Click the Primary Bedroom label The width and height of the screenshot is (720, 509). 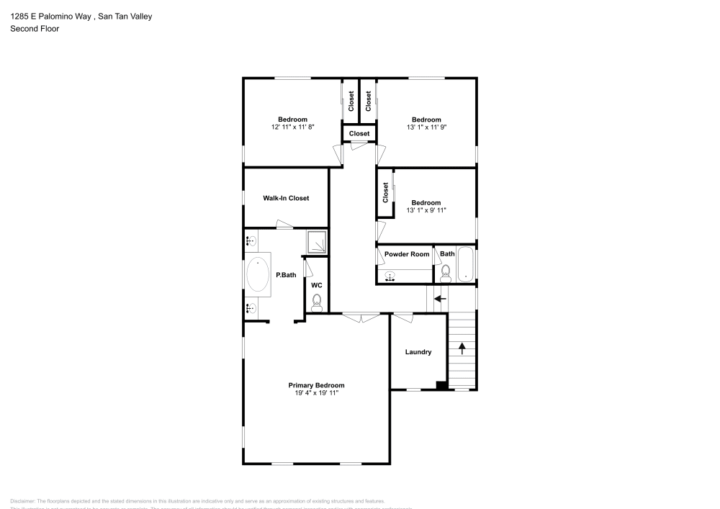click(x=316, y=385)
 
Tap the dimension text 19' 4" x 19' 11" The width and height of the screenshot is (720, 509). click(x=316, y=393)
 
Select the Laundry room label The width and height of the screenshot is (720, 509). click(x=418, y=352)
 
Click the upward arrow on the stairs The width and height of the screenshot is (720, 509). click(x=462, y=348)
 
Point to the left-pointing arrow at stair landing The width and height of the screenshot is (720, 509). click(x=439, y=297)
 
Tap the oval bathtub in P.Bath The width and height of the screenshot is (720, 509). click(x=257, y=275)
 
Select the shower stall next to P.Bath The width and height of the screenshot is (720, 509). click(x=317, y=243)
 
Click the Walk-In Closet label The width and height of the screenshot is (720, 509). click(x=286, y=198)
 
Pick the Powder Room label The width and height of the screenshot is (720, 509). click(x=407, y=254)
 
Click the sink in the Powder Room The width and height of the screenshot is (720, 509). click(x=391, y=276)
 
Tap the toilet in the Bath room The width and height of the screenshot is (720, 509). click(x=445, y=272)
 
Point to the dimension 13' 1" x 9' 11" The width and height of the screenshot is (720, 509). click(x=426, y=211)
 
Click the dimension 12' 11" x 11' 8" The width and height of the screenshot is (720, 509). click(x=293, y=127)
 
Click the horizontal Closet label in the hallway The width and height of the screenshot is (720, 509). click(x=359, y=134)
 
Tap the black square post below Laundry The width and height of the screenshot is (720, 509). click(x=441, y=385)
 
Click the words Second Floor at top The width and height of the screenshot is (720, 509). click(x=35, y=29)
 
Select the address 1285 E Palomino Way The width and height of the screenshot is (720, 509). click(x=50, y=16)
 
